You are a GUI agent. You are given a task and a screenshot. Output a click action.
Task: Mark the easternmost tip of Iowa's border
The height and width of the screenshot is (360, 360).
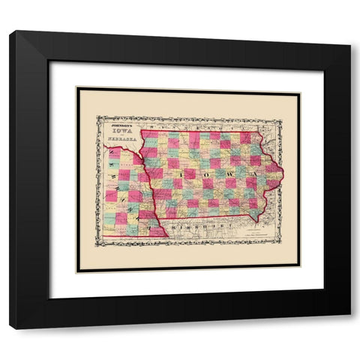click(x=283, y=175)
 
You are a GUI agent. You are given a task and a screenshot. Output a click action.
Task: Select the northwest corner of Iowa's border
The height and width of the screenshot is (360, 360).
click(x=140, y=132)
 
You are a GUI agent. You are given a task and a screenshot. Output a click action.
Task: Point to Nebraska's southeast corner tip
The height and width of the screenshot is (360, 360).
click(x=166, y=237)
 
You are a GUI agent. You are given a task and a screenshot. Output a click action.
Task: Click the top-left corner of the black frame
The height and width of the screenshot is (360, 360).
click(x=10, y=31)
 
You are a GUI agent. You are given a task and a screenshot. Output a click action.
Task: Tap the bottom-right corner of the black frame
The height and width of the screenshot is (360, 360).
click(x=349, y=328)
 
